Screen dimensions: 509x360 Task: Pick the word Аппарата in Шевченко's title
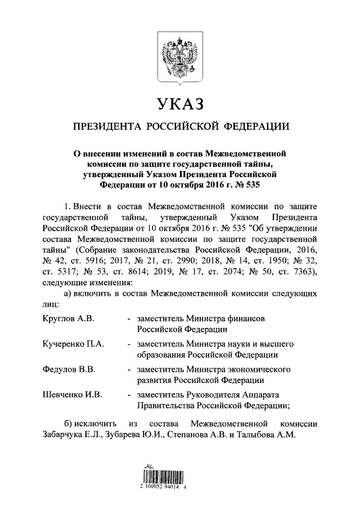(x=263, y=395)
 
